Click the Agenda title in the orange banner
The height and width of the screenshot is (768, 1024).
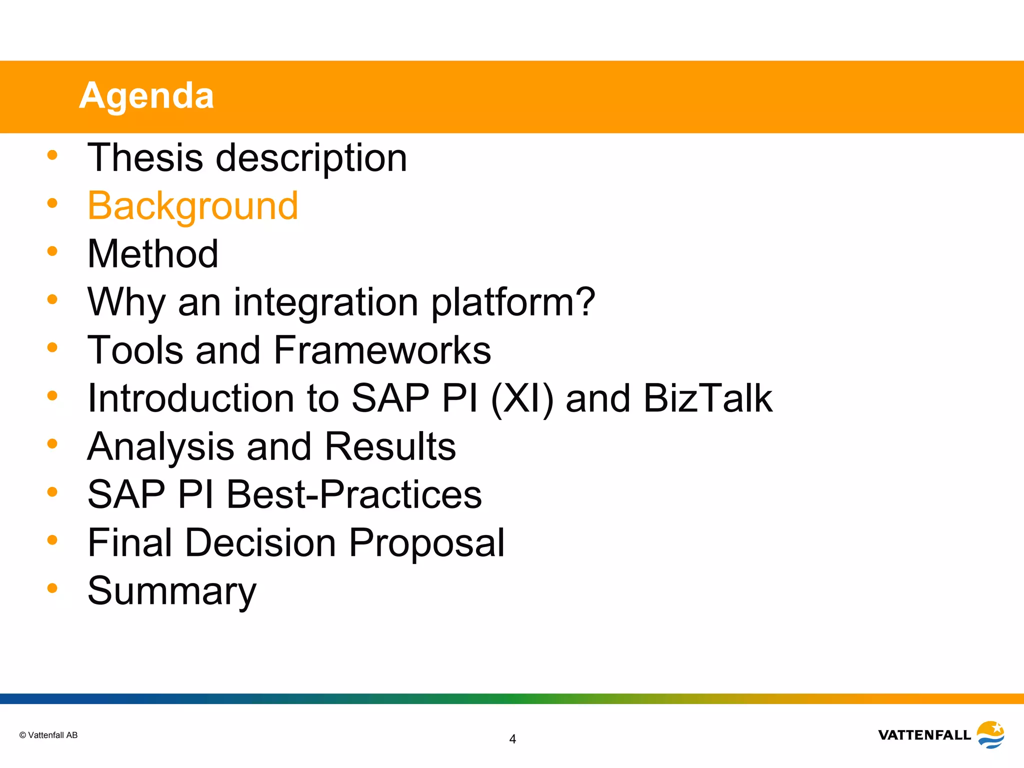click(146, 95)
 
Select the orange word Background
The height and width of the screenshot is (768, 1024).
click(192, 205)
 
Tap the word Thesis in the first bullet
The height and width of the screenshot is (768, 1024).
click(145, 157)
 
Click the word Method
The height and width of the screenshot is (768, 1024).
click(152, 253)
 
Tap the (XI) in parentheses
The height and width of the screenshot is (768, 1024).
click(522, 398)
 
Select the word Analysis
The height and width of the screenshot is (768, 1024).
click(160, 446)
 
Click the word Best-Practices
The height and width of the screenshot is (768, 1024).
click(354, 494)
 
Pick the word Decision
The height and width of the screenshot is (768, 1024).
click(260, 542)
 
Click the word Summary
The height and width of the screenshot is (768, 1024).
click(171, 591)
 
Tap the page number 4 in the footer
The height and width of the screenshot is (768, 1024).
click(512, 739)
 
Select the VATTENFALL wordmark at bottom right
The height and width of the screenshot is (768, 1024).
click(924, 735)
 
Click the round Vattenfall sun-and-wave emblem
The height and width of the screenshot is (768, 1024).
click(990, 734)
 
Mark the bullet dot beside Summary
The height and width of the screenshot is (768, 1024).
click(52, 588)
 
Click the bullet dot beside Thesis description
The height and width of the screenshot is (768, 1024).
click(52, 155)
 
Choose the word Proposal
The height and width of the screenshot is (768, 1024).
click(426, 542)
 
